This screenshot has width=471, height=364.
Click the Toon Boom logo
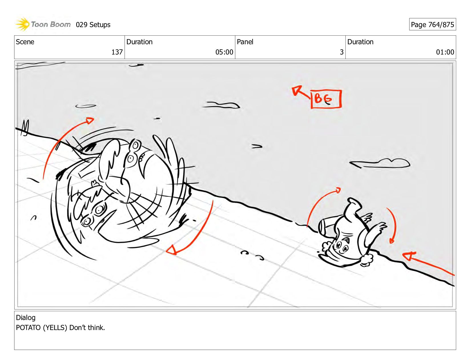click(43, 24)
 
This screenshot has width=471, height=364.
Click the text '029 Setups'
click(93, 25)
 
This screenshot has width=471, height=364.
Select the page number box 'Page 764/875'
click(432, 24)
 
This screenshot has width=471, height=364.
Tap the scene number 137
click(117, 52)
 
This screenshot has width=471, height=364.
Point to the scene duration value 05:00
click(224, 52)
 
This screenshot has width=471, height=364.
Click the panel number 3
click(341, 52)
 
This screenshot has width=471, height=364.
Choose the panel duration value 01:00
click(445, 52)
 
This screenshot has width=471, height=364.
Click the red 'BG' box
click(326, 99)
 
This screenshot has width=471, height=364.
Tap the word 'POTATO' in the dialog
click(28, 327)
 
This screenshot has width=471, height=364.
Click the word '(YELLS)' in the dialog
click(55, 327)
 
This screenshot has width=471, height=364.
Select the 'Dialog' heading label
click(26, 317)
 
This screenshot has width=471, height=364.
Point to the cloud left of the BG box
click(221, 105)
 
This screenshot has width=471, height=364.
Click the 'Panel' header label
click(245, 42)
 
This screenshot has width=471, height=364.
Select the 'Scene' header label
click(25, 42)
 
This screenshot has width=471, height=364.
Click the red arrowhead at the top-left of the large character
click(90, 120)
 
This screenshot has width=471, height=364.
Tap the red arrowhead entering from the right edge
click(408, 256)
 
